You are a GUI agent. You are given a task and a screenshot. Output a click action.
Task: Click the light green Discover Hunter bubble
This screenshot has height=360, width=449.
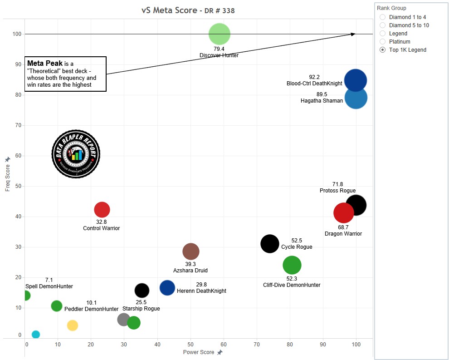pos(220,34)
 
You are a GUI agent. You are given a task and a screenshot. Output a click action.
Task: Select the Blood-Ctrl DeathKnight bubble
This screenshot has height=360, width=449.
pos(355,80)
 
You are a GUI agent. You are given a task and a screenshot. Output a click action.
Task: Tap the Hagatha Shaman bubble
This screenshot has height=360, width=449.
pos(356,98)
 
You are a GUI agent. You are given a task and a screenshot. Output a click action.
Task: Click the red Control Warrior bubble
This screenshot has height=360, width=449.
pos(102,209)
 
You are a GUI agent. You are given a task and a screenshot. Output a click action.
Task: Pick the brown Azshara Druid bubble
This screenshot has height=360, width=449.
pos(191,252)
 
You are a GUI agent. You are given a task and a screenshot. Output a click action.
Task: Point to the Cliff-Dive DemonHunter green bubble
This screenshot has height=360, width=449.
pos(292,265)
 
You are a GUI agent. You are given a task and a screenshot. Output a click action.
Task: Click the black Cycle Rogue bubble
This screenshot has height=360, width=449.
pos(270,244)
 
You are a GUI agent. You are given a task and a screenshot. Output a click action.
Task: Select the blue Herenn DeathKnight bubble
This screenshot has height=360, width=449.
pos(167,287)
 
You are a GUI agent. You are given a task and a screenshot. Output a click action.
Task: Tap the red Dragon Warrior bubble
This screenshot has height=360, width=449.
pos(343,213)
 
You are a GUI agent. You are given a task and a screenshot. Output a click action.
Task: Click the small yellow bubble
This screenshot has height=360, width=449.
pos(73,325)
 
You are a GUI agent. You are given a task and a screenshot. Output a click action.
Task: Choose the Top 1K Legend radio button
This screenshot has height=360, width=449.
pos(383,49)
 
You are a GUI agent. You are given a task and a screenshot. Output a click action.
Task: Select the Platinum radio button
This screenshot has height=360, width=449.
pos(383,41)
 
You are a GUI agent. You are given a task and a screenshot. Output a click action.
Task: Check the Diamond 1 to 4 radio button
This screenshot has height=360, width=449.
pos(383,17)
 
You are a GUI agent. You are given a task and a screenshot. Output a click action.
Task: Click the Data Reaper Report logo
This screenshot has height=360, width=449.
pos(76,154)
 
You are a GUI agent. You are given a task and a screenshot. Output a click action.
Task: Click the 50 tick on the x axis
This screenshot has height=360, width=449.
pos(190,345)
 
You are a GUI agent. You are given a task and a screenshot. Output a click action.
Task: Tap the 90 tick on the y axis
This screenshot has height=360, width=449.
pos(18,64)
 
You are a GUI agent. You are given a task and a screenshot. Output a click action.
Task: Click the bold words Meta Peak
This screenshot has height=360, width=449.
pos(45,63)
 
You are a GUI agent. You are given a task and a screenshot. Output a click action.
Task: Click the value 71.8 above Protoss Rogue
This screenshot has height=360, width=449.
pos(337,184)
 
